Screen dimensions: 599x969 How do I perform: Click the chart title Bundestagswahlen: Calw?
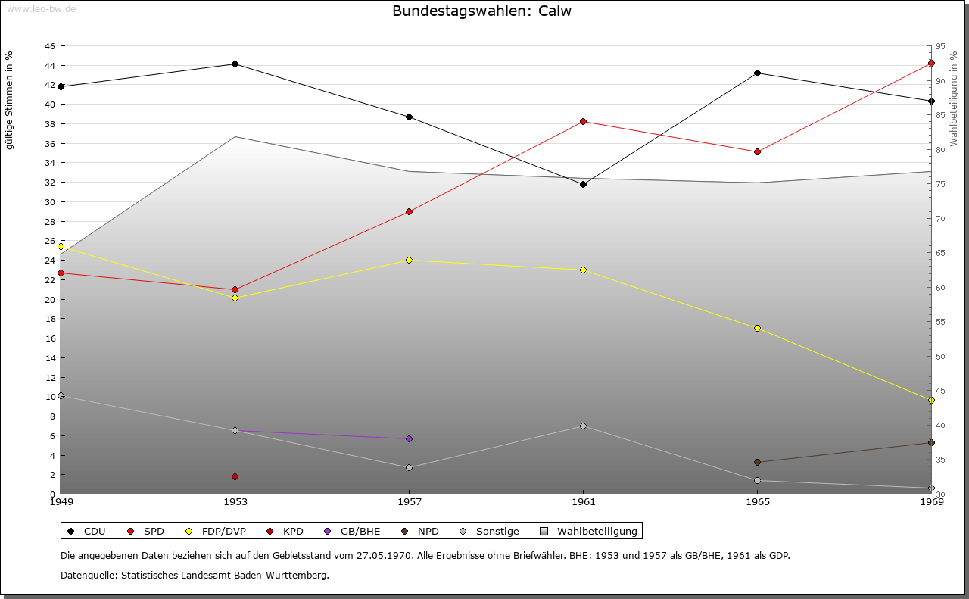[481, 11]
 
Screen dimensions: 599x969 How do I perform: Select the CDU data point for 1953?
[235, 64]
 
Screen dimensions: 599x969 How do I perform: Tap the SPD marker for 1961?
[583, 121]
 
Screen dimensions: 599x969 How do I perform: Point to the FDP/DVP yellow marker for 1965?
[757, 328]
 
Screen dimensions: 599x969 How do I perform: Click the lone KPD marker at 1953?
[235, 476]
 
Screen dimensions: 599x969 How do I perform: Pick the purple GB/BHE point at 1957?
[409, 438]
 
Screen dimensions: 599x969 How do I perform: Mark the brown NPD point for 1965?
[757, 462]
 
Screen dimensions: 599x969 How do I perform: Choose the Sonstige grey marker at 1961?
[583, 426]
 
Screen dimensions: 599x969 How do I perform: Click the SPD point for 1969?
[931, 63]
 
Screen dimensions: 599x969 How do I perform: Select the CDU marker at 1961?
[583, 184]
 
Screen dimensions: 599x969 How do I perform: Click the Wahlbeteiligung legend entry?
[591, 531]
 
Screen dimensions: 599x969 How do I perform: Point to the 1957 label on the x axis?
[409, 501]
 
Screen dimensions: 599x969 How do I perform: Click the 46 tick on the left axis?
[49, 46]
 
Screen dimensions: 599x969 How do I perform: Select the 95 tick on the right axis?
[939, 46]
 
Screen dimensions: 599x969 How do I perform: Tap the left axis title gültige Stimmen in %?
[10, 100]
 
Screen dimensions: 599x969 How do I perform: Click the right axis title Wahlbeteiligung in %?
[954, 98]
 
